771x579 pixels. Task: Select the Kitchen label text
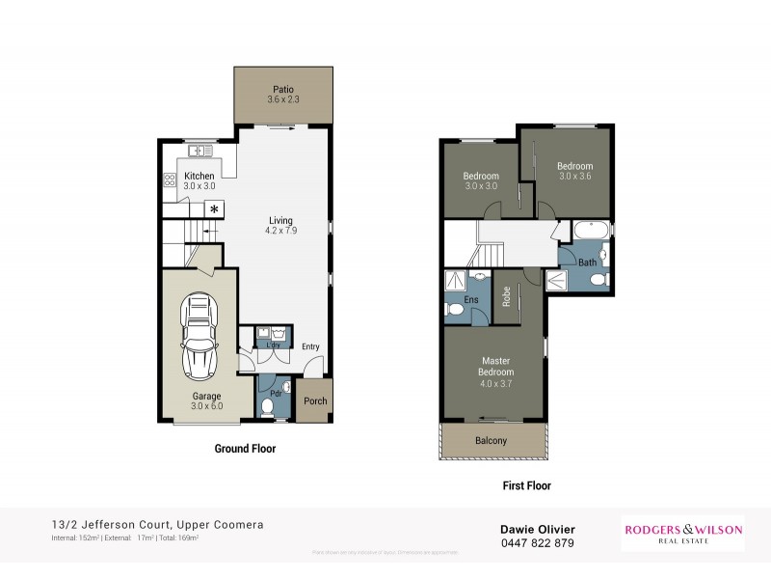click(200, 180)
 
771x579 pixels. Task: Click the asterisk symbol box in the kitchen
click(214, 209)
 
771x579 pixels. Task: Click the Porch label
click(315, 401)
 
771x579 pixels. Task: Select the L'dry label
click(273, 345)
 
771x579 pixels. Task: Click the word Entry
click(310, 347)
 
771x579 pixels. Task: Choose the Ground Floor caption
click(244, 449)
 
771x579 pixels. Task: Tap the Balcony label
click(491, 441)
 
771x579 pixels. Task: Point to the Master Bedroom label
click(496, 372)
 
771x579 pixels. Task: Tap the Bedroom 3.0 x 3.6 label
click(573, 171)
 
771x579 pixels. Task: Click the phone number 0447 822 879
click(537, 543)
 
